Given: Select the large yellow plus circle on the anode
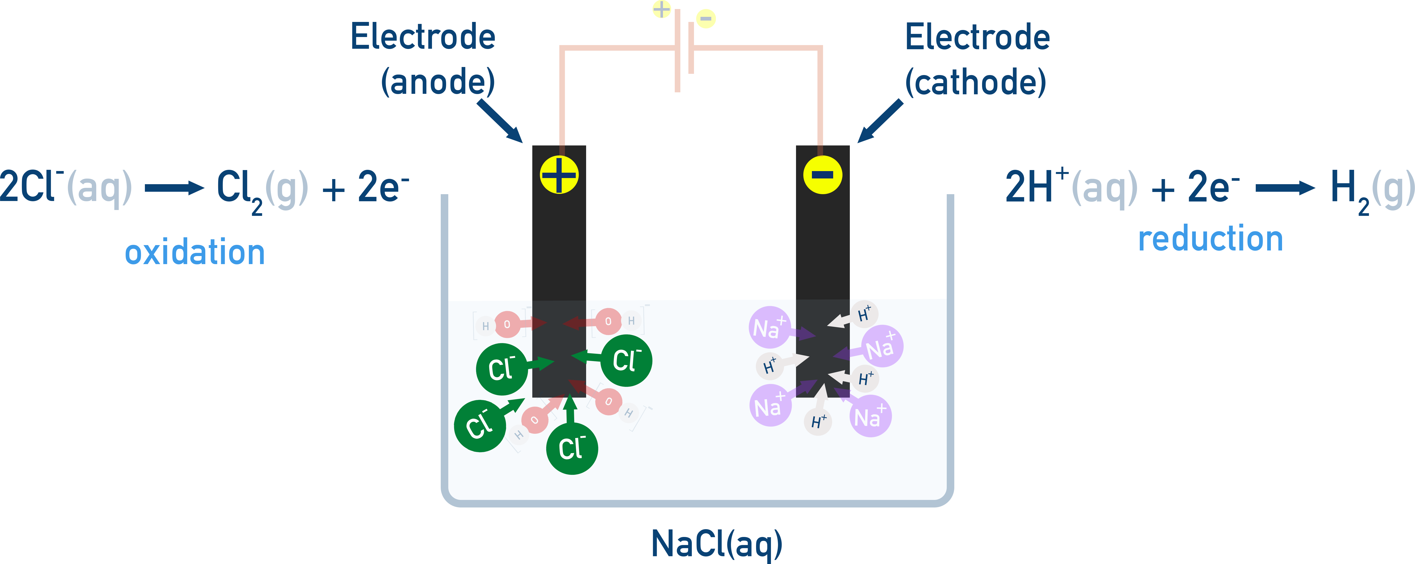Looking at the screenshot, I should (559, 175).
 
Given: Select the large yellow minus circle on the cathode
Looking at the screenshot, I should (822, 175).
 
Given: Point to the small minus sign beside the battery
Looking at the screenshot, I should (706, 19).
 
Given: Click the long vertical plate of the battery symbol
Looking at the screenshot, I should (677, 51).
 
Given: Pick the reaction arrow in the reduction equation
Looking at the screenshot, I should (1285, 188).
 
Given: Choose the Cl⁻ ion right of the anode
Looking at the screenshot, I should (626, 361).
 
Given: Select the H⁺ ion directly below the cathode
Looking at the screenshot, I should (818, 422).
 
